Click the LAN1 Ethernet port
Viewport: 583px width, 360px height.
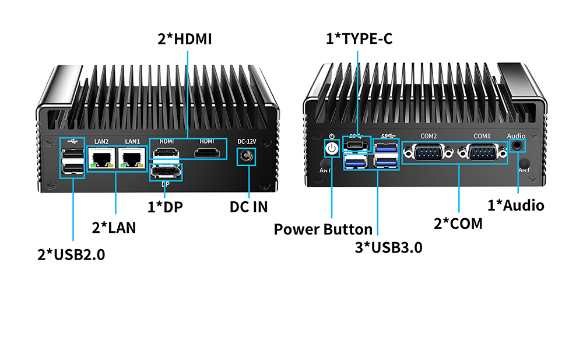[x=132, y=157]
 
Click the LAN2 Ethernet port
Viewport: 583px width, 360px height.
[x=102, y=157]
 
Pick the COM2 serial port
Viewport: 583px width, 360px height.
[x=429, y=153]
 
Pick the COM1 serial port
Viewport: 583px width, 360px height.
[x=482, y=153]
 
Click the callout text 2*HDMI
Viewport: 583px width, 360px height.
[x=185, y=40]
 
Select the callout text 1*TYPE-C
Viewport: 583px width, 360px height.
[x=359, y=40]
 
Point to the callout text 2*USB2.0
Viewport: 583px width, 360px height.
[x=71, y=254]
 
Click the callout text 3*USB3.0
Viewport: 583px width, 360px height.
[x=389, y=247]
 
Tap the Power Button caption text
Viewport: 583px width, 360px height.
[x=323, y=229]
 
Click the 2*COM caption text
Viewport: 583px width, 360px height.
[x=458, y=222]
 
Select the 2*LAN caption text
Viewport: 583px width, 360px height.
[x=114, y=227]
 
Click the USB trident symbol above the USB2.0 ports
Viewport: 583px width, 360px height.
[x=71, y=142]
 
